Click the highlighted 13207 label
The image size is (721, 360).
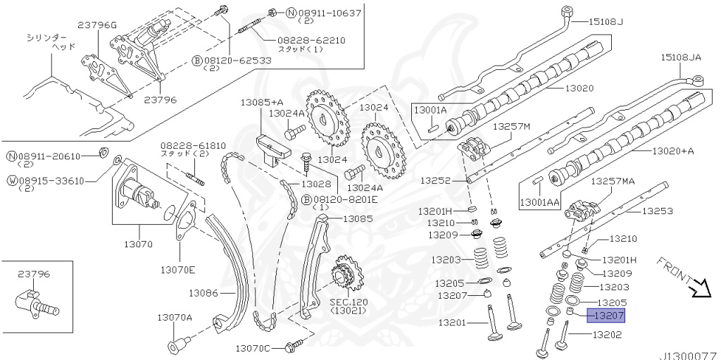pos(610,316)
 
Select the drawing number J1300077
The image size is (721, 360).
pos(688,356)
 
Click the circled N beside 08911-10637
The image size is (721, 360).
pos(271,13)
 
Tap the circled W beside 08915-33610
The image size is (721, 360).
pos(12,180)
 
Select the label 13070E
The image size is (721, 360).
pos(177,269)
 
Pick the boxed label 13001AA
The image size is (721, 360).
pos(541,202)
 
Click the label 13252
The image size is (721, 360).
pos(435,180)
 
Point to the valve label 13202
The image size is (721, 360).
pos(607,335)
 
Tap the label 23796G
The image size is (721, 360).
pos(96,26)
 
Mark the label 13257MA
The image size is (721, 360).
pos(613,181)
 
